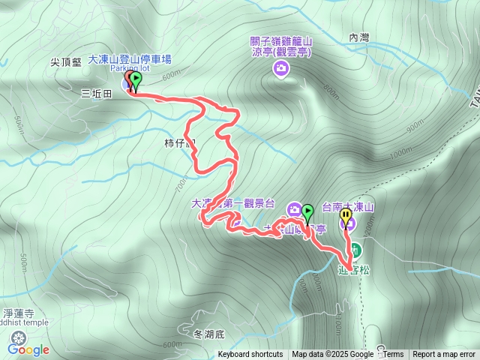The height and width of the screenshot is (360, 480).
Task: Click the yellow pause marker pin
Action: [x=346, y=217]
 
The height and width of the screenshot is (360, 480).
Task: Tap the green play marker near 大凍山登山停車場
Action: [x=136, y=79]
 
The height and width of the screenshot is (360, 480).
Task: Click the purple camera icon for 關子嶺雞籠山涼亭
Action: [x=281, y=70]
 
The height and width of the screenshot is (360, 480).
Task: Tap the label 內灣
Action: [x=360, y=37]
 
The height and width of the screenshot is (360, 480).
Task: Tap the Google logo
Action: [x=28, y=349]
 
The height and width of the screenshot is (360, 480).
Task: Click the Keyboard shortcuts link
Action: [x=250, y=355]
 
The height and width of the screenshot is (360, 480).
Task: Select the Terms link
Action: [x=393, y=355]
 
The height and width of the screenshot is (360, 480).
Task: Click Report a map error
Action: [x=444, y=355]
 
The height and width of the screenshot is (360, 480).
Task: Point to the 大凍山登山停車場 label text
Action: [x=140, y=58]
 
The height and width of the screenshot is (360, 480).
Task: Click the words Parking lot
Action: [x=130, y=68]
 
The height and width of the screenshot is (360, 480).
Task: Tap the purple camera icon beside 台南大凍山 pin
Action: [x=370, y=223]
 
